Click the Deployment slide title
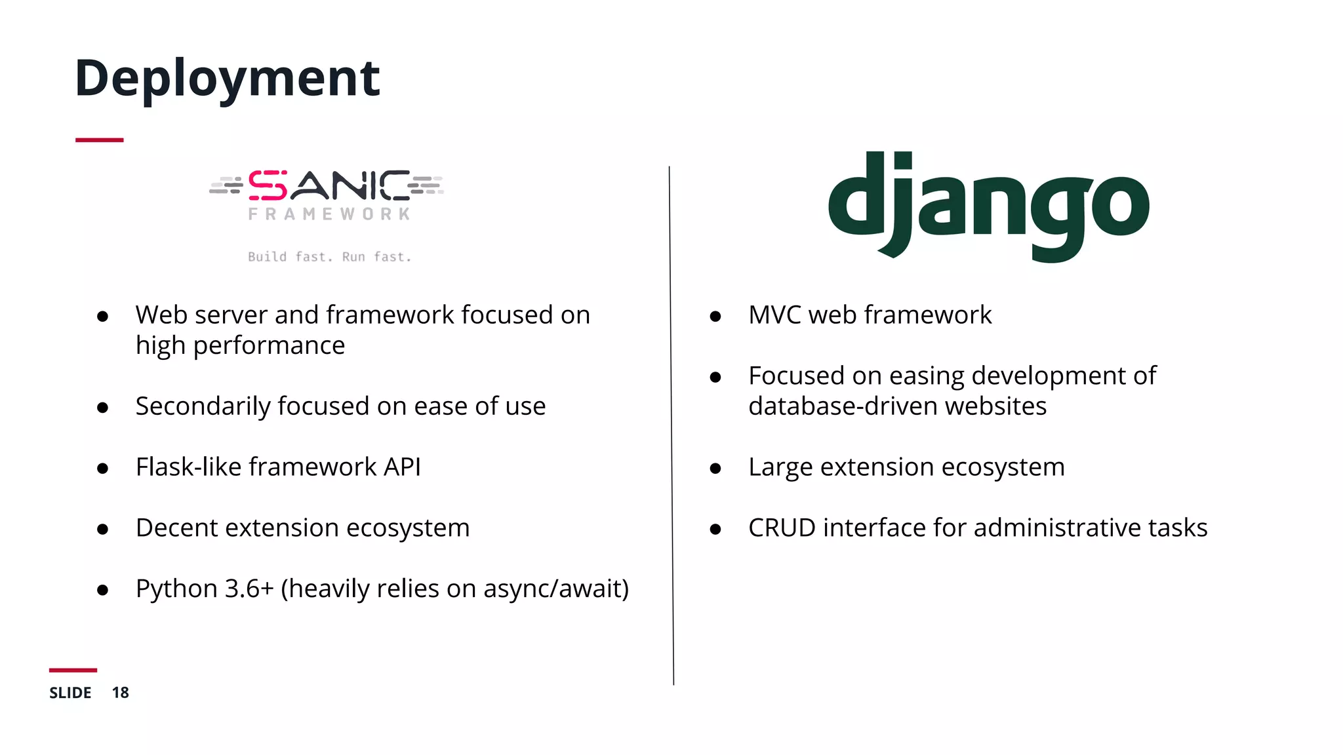pyautogui.click(x=227, y=79)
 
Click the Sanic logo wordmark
pyautogui.click(x=328, y=186)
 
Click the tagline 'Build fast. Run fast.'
pyautogui.click(x=329, y=257)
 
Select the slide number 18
pyautogui.click(x=120, y=693)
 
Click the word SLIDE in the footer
pyautogui.click(x=70, y=693)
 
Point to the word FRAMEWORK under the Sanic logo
pyautogui.click(x=329, y=214)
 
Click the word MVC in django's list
pyautogui.click(x=774, y=315)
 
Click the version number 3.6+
pyautogui.click(x=249, y=589)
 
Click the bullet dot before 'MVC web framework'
pyautogui.click(x=715, y=317)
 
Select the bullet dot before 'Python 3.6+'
pyautogui.click(x=102, y=590)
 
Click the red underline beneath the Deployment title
pyautogui.click(x=99, y=140)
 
